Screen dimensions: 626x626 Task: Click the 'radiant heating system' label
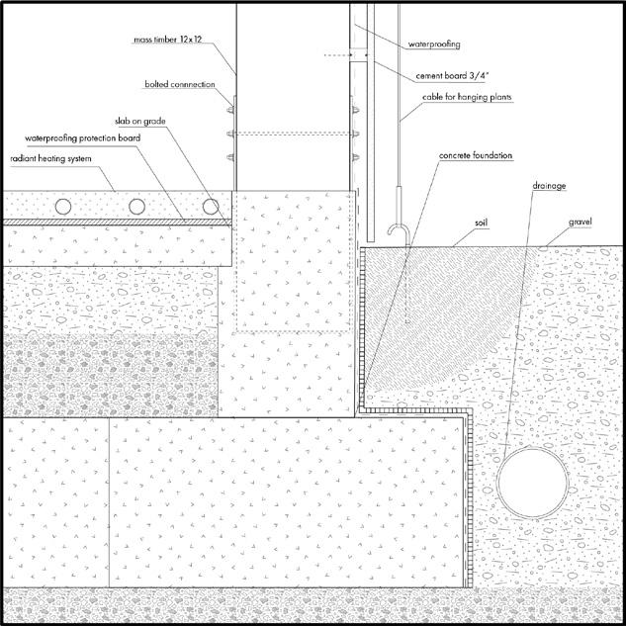(x=52, y=157)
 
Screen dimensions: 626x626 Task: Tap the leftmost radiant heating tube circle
(x=62, y=206)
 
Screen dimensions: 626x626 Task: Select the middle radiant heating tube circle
(x=135, y=206)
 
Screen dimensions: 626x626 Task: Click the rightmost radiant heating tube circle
(x=210, y=206)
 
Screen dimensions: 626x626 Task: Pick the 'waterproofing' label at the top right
(x=435, y=44)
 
